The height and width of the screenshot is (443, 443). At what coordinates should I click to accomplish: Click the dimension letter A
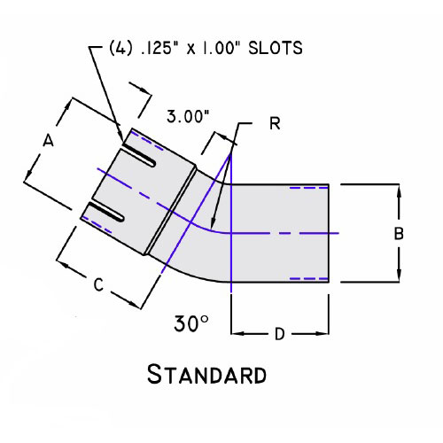tap(49, 140)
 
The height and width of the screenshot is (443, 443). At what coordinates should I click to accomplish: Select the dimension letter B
tap(399, 233)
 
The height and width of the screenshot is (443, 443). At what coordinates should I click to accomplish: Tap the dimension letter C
tap(98, 285)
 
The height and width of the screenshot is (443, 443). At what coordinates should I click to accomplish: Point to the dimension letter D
tap(280, 334)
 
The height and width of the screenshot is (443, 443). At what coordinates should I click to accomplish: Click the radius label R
tap(275, 123)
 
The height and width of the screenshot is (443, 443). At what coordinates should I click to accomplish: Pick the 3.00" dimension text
tap(188, 116)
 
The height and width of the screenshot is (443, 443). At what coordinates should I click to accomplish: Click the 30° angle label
tap(191, 323)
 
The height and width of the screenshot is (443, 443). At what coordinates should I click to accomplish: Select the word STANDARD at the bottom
tap(206, 374)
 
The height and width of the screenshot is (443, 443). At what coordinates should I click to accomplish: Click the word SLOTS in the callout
tap(276, 48)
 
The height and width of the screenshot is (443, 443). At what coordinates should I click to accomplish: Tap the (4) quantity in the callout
tap(120, 48)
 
